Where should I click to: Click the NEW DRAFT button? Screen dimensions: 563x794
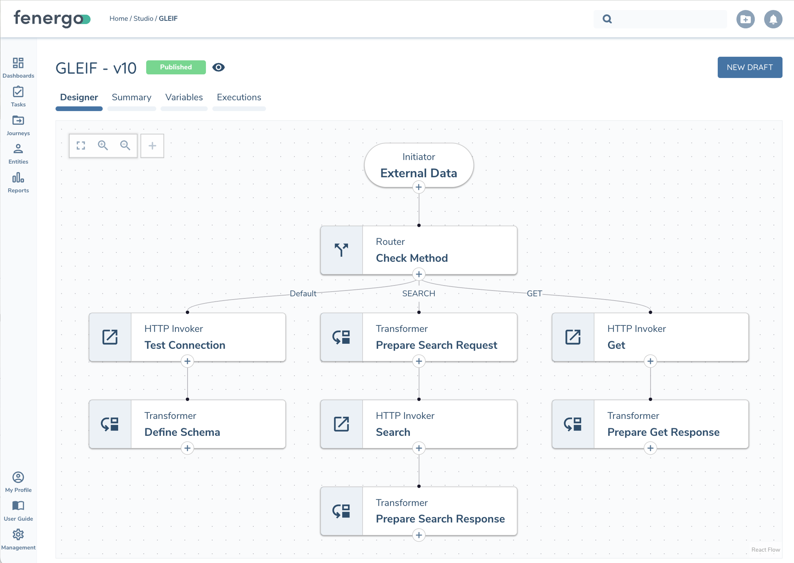point(749,67)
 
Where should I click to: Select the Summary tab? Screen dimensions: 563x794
point(131,97)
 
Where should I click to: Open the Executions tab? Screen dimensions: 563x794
point(239,97)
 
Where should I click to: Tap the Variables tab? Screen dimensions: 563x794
point(184,97)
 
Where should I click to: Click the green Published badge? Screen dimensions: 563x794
point(176,67)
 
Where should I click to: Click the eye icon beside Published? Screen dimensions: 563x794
point(218,67)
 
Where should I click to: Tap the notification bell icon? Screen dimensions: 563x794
point(773,19)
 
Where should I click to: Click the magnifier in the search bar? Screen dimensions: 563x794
point(607,19)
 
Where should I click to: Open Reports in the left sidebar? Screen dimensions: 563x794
point(18,183)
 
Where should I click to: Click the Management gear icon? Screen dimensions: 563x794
point(18,535)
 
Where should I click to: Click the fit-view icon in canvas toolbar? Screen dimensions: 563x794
point(81,145)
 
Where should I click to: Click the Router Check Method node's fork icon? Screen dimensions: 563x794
point(341,250)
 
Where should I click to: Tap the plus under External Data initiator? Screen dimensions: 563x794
point(418,187)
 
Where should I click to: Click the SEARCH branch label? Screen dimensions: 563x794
point(418,294)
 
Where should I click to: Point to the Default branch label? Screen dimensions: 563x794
point(303,294)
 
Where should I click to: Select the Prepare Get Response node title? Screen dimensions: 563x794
point(663,432)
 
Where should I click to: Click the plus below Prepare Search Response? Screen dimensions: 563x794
point(418,535)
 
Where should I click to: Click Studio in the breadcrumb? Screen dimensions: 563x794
point(143,19)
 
